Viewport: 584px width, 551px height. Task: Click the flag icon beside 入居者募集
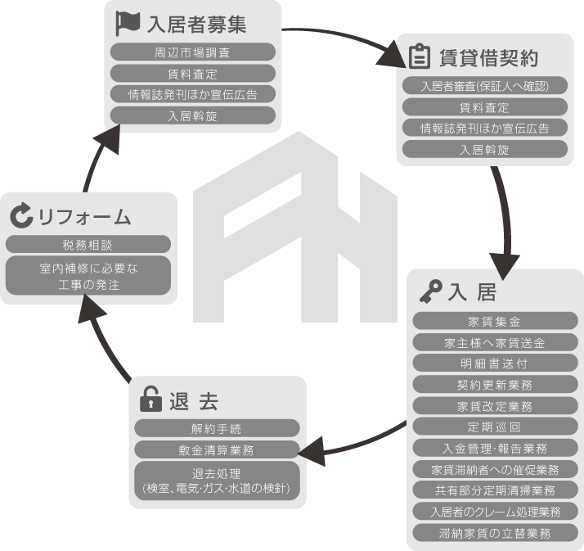click(128, 23)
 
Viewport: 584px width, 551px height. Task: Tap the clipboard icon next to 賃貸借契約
click(420, 56)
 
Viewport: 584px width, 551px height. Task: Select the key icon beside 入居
click(431, 291)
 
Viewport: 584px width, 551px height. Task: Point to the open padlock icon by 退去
click(150, 399)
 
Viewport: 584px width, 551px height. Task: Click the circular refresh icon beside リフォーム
click(21, 215)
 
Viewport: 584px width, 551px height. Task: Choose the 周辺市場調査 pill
click(193, 52)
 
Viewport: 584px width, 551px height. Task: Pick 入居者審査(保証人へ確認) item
click(485, 86)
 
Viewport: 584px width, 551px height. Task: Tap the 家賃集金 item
click(495, 321)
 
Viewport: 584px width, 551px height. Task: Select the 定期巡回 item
click(495, 427)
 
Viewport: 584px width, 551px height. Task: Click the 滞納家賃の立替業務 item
click(495, 533)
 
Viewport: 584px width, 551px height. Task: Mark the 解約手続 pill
click(217, 428)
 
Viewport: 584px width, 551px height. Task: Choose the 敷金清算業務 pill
click(217, 449)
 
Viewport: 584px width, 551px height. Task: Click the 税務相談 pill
click(88, 245)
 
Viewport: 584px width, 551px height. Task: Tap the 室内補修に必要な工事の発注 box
click(88, 276)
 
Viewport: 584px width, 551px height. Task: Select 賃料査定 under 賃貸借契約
click(485, 107)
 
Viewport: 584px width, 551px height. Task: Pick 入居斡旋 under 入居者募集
click(193, 115)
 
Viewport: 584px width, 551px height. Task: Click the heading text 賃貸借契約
click(488, 58)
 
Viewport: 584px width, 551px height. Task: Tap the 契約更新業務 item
click(495, 384)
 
